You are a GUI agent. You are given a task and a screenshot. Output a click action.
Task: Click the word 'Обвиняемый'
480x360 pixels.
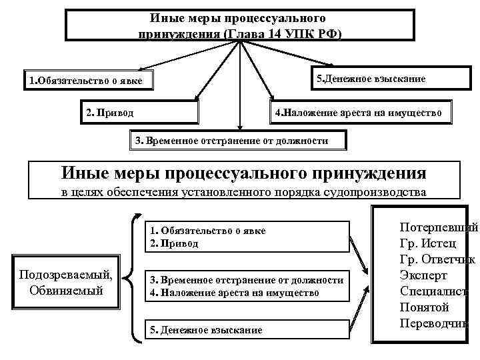pyautogui.click(x=66, y=290)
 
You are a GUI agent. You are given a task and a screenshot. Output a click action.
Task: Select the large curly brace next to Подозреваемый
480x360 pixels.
pyautogui.click(x=133, y=280)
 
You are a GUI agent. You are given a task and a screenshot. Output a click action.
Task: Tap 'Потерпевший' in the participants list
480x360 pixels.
pyautogui.click(x=438, y=227)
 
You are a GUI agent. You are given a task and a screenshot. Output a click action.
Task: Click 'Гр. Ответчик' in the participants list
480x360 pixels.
pyautogui.click(x=437, y=259)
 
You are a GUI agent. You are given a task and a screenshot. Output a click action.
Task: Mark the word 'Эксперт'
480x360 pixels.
pyautogui.click(x=423, y=275)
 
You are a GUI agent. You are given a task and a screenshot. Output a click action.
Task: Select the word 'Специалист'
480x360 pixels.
pyautogui.click(x=433, y=291)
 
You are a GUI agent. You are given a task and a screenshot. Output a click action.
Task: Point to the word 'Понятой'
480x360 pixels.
pyautogui.click(x=424, y=307)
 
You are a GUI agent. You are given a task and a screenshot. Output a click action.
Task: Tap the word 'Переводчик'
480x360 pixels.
pyautogui.click(x=434, y=323)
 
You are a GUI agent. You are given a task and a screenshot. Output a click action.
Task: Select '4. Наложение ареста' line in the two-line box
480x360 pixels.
pyautogui.click(x=233, y=293)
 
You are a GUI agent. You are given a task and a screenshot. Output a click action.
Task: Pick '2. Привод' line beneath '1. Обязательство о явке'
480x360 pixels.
pyautogui.click(x=174, y=243)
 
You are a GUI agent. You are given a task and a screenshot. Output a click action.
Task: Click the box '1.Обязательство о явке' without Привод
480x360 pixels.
pyautogui.click(x=90, y=82)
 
